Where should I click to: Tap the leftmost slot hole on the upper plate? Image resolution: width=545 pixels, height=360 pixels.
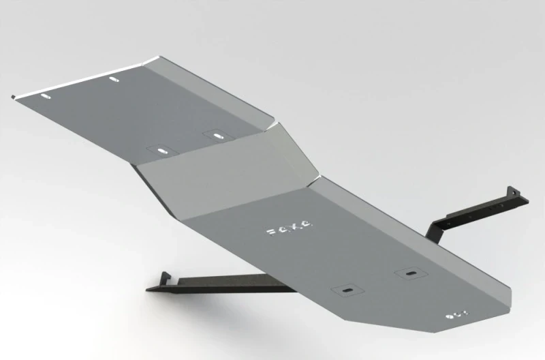pos(46,97)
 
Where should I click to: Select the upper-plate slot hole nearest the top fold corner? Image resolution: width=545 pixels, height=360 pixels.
pos(112,80)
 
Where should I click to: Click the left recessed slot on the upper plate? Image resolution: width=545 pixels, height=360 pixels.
pos(161,150)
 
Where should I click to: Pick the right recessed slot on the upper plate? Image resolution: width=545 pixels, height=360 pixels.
pos(218,136)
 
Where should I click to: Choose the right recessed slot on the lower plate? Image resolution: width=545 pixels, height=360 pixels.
pos(410,273)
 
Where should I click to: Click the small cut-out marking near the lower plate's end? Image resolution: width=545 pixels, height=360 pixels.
pos(455,315)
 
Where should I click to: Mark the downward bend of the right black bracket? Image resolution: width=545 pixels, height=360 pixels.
pos(436,232)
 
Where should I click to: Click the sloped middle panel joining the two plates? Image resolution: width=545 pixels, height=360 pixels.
pos(225,170)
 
